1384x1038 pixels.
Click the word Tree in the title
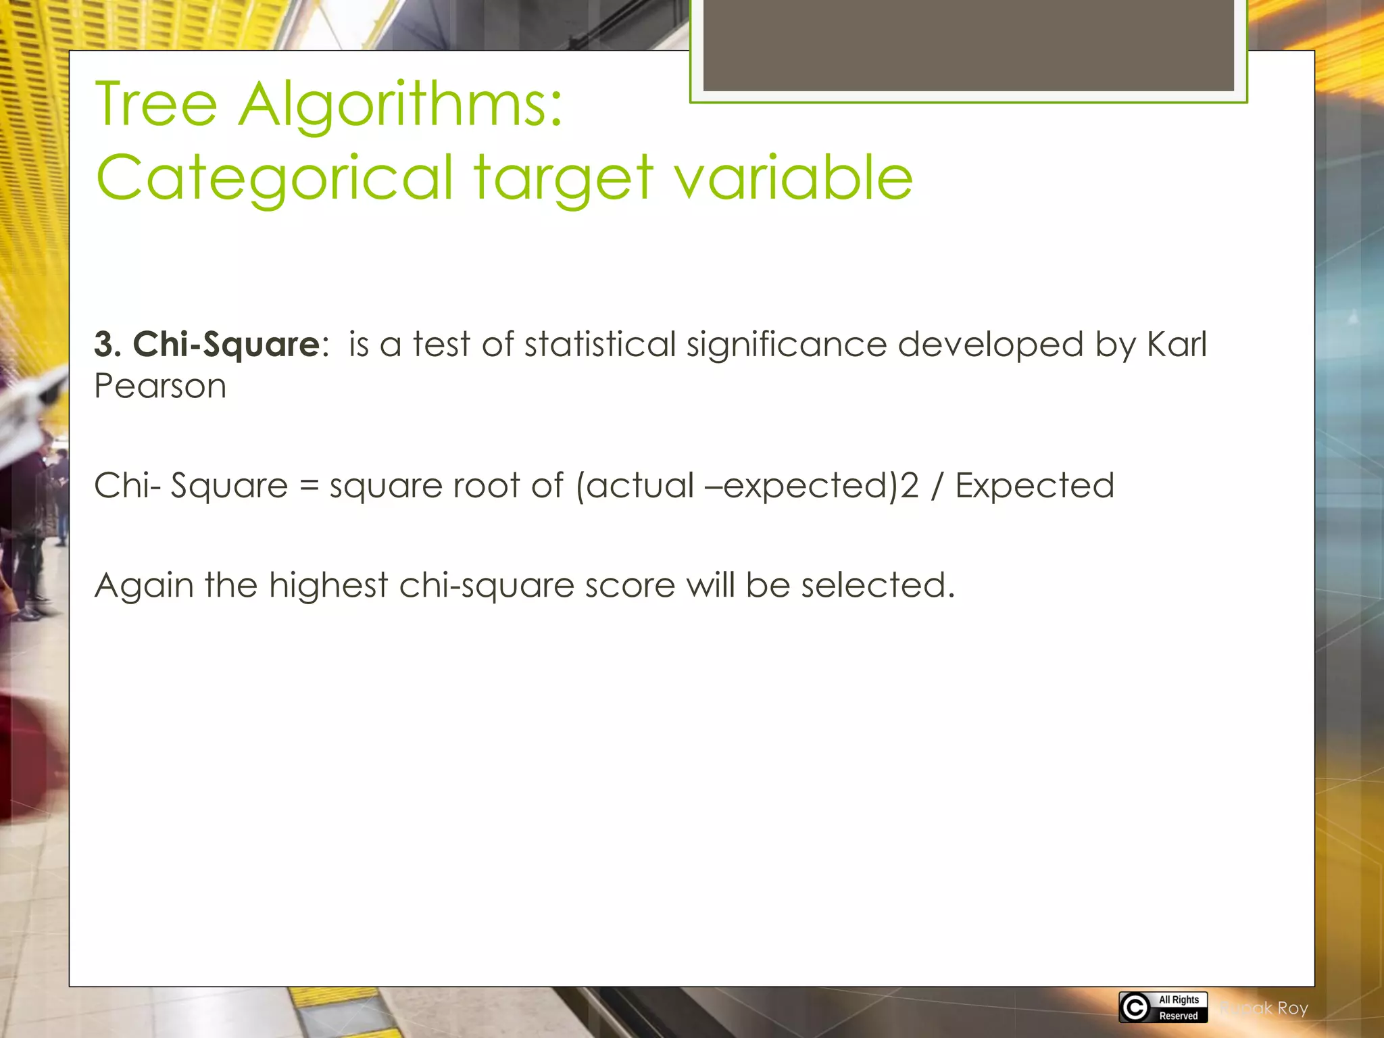[x=156, y=105]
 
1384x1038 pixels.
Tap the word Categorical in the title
[x=274, y=177]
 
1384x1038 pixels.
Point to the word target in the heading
[x=563, y=178]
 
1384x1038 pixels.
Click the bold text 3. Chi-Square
[x=207, y=345]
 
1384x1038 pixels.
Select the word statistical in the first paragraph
[x=599, y=345]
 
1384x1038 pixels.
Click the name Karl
[x=1177, y=345]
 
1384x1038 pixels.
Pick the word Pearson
[x=160, y=387]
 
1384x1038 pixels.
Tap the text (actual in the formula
[x=635, y=486]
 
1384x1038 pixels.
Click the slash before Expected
[x=936, y=486]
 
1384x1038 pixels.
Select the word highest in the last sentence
[x=328, y=585]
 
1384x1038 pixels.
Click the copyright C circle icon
[x=1135, y=1008]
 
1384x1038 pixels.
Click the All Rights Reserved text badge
[x=1179, y=1008]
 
